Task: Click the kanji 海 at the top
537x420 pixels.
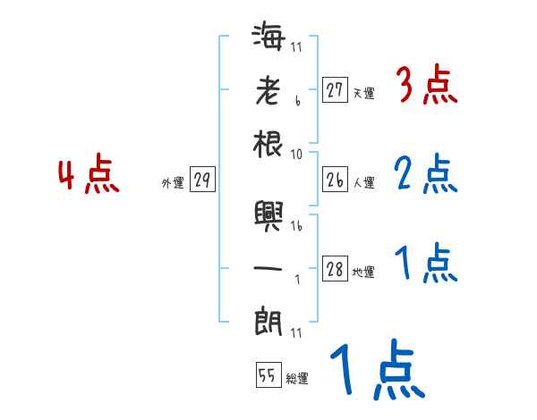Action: (268, 39)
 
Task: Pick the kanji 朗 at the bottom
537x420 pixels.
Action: (268, 320)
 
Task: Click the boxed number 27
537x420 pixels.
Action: (335, 89)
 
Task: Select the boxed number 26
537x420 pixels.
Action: (335, 181)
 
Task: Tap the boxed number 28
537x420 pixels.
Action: (335, 270)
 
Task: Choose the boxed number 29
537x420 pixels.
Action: (202, 181)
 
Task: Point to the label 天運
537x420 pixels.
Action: (363, 93)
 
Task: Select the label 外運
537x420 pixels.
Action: (173, 183)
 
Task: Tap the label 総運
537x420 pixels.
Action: (297, 379)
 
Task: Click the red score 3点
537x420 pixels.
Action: (426, 88)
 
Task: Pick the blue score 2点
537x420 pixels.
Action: (426, 174)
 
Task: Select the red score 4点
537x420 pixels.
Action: (89, 175)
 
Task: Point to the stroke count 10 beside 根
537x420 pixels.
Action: (296, 153)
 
